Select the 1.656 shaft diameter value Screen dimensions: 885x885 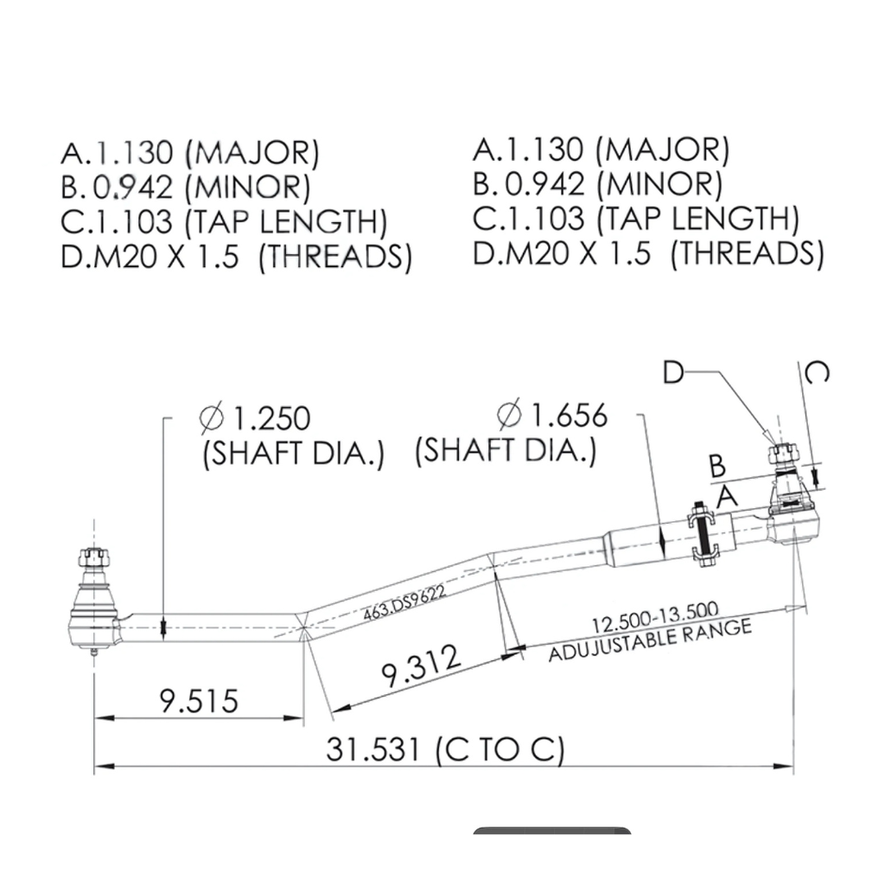point(569,416)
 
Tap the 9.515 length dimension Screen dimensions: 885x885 point(198,699)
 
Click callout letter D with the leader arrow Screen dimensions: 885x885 point(673,372)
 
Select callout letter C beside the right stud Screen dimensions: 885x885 point(817,372)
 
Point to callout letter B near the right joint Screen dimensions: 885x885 point(716,466)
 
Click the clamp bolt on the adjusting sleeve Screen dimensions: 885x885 point(704,537)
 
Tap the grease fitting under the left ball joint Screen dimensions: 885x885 point(94,650)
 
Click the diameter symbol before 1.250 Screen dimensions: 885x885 point(212,418)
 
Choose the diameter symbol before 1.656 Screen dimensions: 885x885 point(510,416)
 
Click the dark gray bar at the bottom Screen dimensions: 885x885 point(552,831)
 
